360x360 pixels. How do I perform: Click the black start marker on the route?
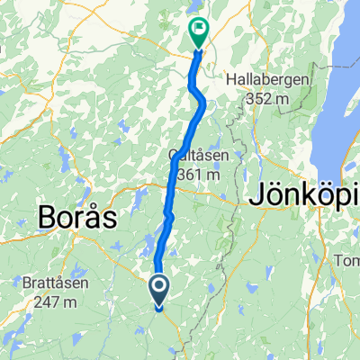click(x=158, y=292)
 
